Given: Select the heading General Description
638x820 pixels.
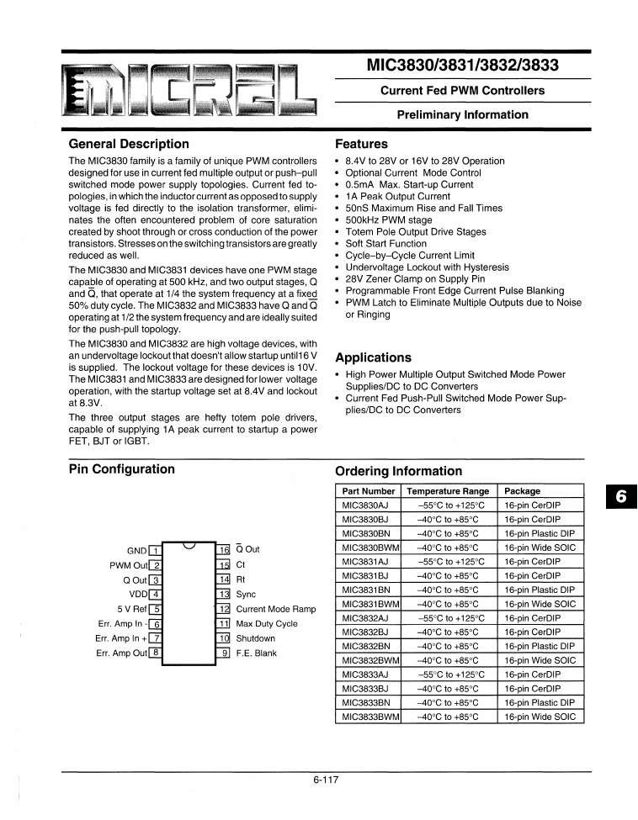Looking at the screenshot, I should (x=128, y=144).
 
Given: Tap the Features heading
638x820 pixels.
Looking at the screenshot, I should (x=361, y=144).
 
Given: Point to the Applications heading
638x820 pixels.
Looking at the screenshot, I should (x=373, y=357).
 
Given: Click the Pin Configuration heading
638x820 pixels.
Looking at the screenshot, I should (x=121, y=469).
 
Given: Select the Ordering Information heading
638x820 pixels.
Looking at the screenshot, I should (x=398, y=471).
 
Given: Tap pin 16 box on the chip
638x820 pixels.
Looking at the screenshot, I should (x=223, y=549).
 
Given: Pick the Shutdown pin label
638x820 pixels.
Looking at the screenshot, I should (x=255, y=638).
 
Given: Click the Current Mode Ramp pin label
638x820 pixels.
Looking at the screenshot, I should (x=275, y=609).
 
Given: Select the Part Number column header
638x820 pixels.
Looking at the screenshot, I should (x=367, y=491).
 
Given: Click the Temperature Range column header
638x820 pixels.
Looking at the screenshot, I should (x=447, y=491).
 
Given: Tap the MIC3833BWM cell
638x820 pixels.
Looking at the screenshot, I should (x=370, y=717).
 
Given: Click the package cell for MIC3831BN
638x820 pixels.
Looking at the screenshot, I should (x=540, y=590).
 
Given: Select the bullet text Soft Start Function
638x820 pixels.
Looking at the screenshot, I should (x=386, y=243).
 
